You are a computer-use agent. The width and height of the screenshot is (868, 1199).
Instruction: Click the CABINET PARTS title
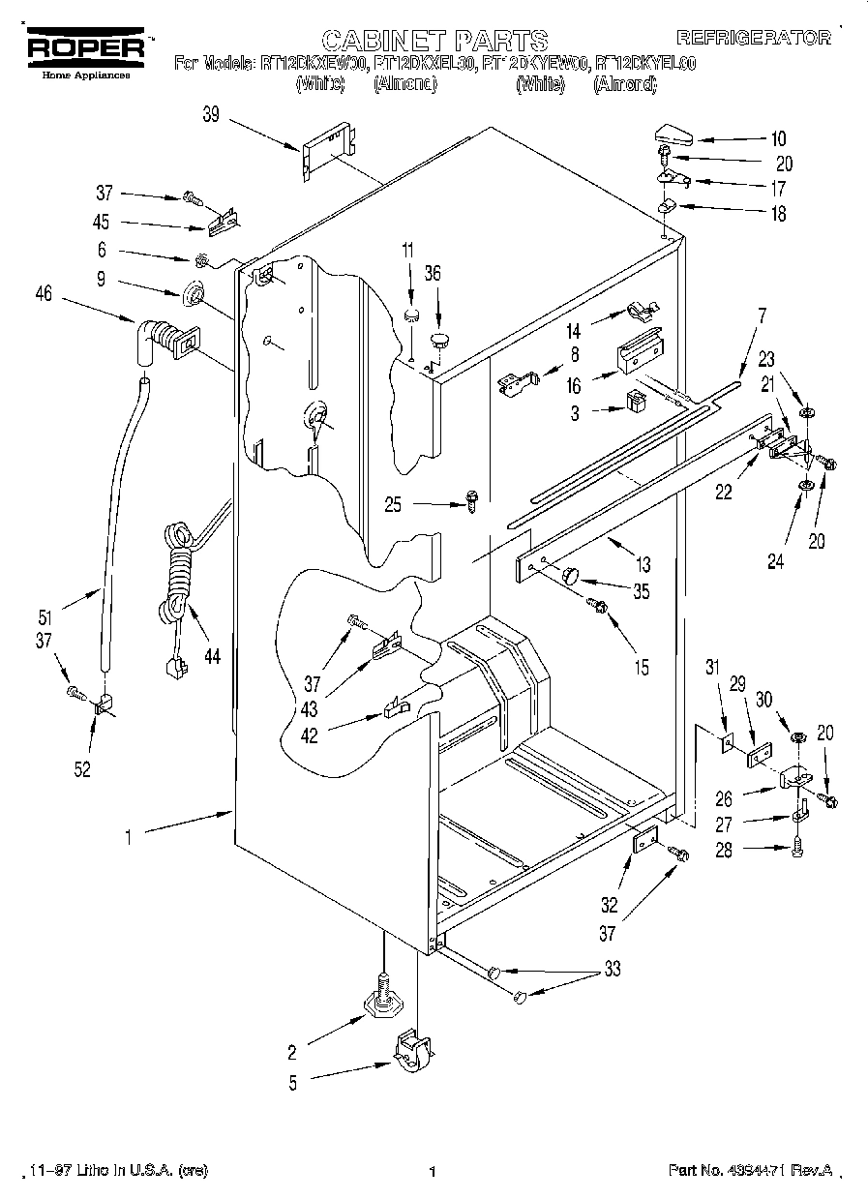coord(434,40)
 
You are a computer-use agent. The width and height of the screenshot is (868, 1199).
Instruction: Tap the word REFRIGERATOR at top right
coord(753,38)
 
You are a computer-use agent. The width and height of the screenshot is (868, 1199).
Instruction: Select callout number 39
coord(211,115)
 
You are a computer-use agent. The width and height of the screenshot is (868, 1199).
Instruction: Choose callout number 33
coord(612,969)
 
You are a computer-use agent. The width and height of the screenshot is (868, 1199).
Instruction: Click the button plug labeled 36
coord(441,339)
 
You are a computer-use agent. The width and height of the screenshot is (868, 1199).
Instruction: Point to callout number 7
coord(762,315)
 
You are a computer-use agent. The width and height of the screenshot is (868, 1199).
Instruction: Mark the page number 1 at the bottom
coord(433,1172)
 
